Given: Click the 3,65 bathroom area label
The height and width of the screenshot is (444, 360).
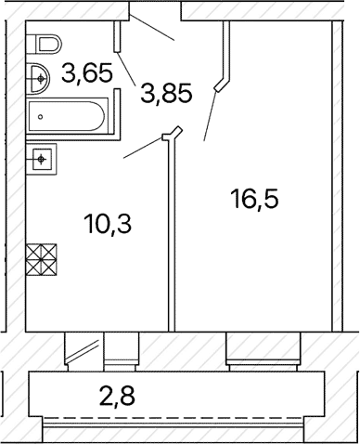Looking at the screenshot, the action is pos(86,74).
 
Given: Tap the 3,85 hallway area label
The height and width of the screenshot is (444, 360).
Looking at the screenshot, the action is pos(167,93).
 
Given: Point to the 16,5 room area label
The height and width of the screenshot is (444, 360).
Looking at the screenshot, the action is pos(255,199).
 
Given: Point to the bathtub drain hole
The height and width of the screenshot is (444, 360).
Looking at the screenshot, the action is pos(40,117).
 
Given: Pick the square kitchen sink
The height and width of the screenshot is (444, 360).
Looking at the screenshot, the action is pos(42,159).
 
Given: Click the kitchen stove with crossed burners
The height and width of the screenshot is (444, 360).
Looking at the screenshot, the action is pos(42,260).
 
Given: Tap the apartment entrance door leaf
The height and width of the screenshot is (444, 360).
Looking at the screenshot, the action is pos(152,28).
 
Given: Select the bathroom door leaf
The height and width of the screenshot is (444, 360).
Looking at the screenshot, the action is pos(126,68).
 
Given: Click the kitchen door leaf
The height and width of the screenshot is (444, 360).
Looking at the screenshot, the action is pos(143,148).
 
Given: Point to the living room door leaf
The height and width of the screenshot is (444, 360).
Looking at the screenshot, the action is pos(210,116).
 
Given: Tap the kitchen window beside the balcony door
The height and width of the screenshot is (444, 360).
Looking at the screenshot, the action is pos(122,351).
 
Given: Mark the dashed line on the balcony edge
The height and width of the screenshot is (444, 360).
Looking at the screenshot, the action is pos(173,418).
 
